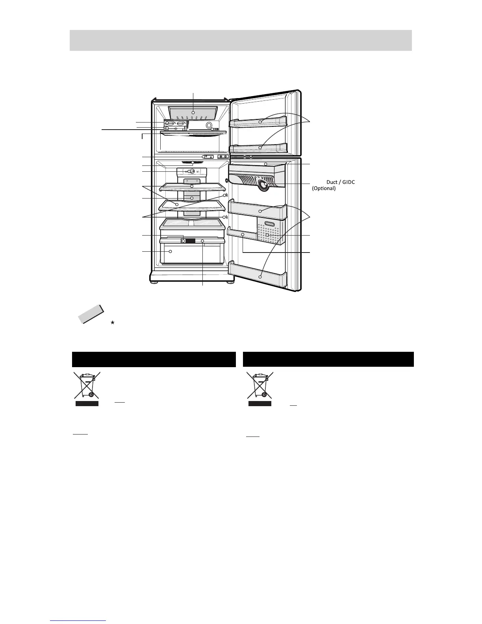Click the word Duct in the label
[327, 182]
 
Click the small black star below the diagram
[112, 322]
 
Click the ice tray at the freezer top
[193, 113]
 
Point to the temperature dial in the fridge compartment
[191, 171]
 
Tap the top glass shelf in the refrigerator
[191, 186]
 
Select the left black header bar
[154, 359]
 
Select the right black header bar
[328, 359]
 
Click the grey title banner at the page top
[241, 40]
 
